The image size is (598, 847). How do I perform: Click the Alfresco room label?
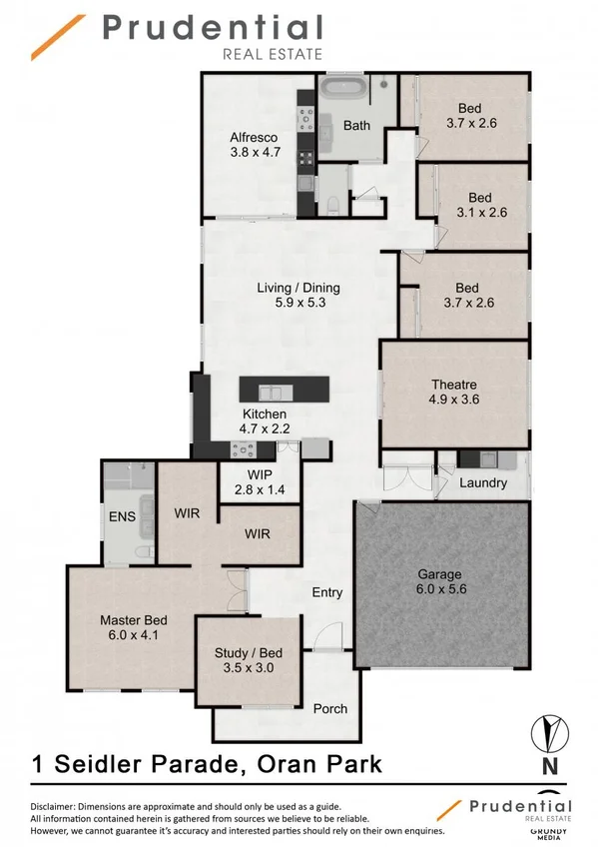254,138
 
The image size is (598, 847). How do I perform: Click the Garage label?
439,573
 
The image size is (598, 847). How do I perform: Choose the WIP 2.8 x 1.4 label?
259,490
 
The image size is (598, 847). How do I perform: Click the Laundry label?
483,482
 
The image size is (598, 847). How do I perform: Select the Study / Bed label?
245,654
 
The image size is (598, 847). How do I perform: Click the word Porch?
330,708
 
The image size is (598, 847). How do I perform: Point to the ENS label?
123,516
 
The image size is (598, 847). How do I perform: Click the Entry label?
327,592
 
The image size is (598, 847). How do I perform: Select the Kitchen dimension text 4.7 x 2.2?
264,428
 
